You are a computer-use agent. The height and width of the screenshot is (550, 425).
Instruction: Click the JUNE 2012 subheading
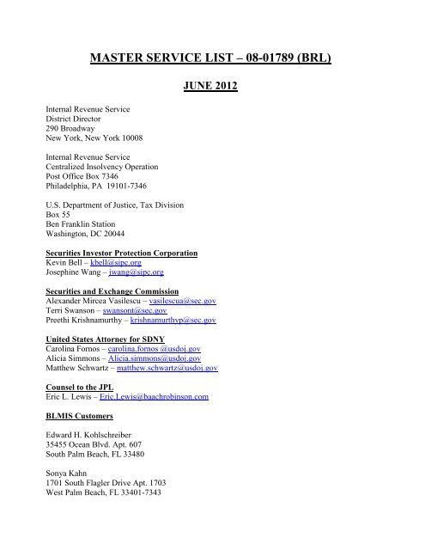tap(212, 86)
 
